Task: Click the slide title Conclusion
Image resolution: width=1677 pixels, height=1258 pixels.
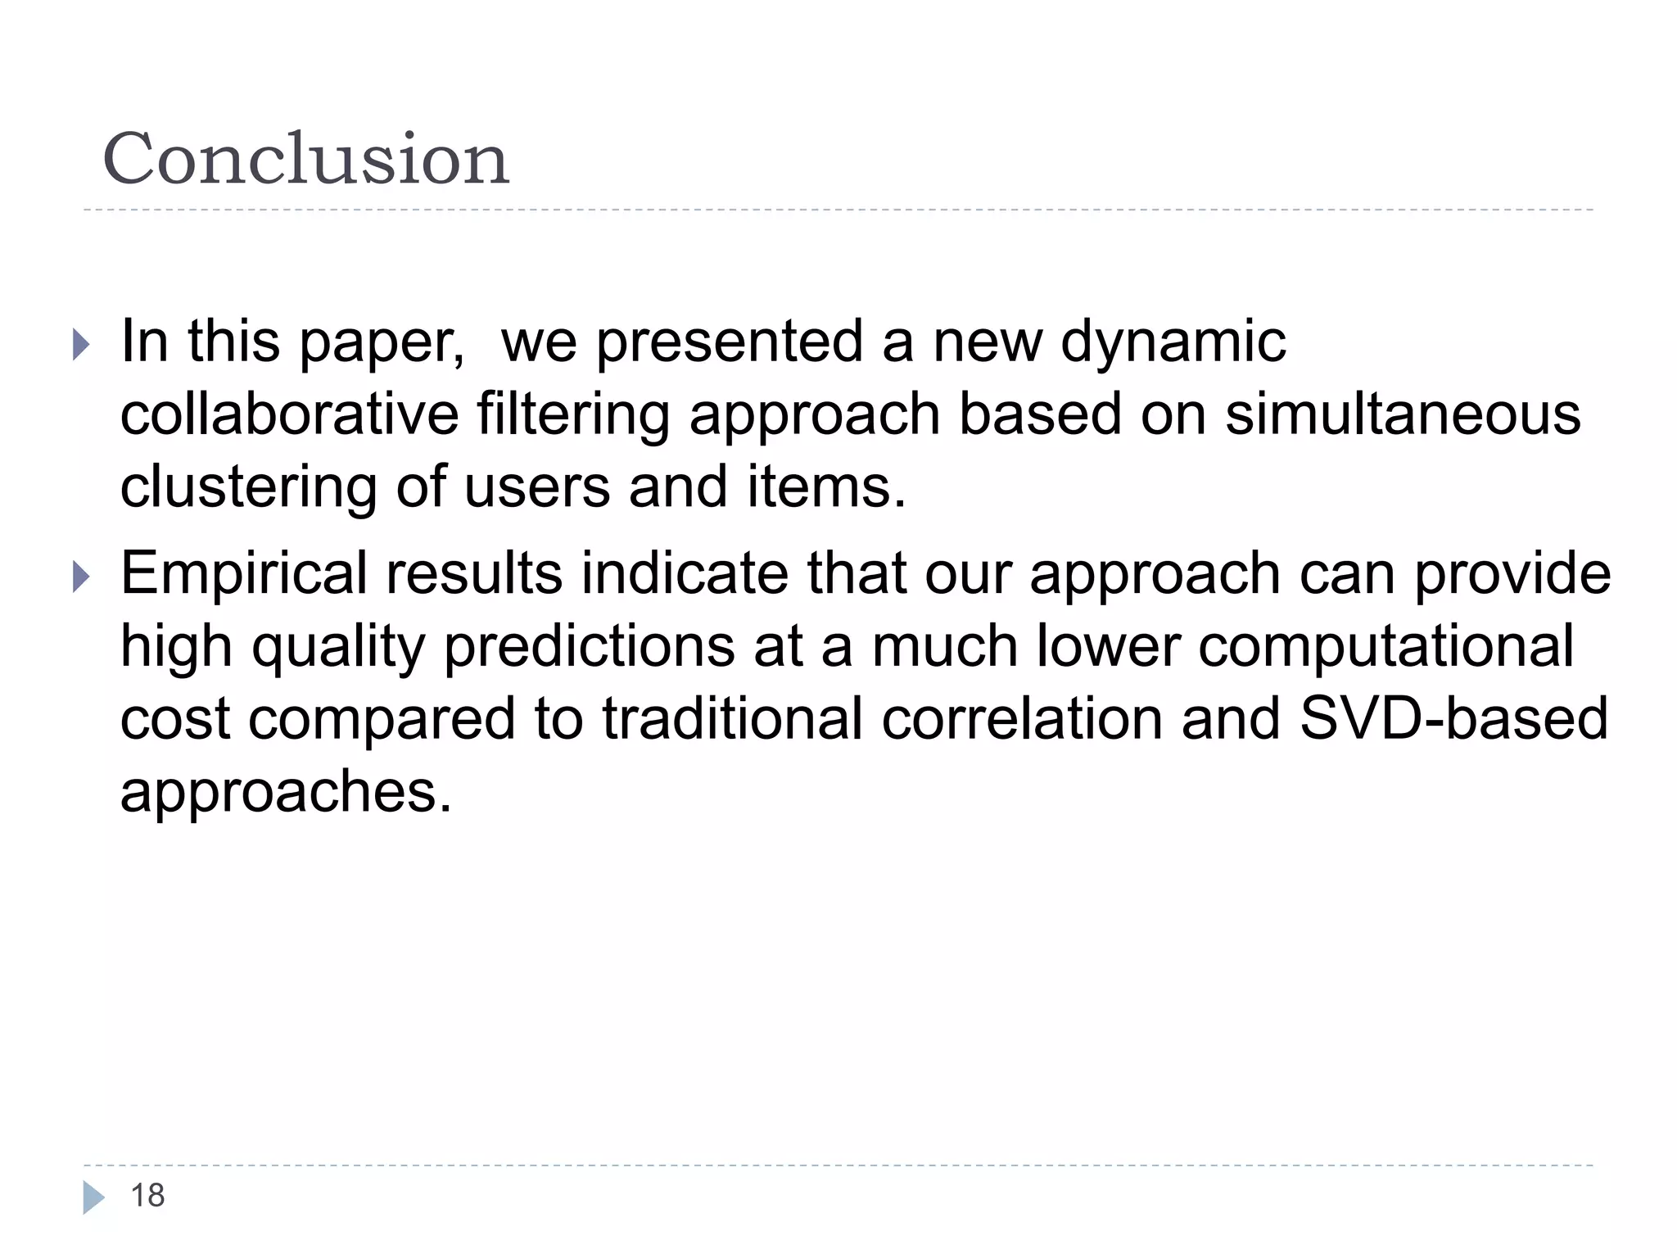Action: coord(305,159)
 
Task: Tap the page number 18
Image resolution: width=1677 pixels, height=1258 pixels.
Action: coord(147,1196)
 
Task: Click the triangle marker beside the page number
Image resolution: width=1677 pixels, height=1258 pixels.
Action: coord(93,1197)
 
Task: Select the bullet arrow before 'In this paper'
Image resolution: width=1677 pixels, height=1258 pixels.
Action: coord(80,344)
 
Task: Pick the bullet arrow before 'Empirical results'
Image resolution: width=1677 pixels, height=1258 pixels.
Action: coord(80,577)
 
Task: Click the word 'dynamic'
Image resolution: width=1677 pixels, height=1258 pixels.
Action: coord(1173,342)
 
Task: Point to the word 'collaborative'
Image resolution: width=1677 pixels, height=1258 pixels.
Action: coord(289,414)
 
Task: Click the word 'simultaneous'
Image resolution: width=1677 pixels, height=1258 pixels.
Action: coord(1403,414)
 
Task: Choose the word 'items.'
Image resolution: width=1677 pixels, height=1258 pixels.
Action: coord(826,486)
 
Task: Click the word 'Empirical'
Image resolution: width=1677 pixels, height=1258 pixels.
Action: coord(244,575)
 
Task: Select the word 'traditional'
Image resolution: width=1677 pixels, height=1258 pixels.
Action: coord(732,719)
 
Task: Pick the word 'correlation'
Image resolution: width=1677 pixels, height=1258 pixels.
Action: coord(1022,719)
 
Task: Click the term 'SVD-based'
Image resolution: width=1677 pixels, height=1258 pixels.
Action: coord(1453,719)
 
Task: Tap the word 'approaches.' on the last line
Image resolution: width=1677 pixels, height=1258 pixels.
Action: coord(286,793)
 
